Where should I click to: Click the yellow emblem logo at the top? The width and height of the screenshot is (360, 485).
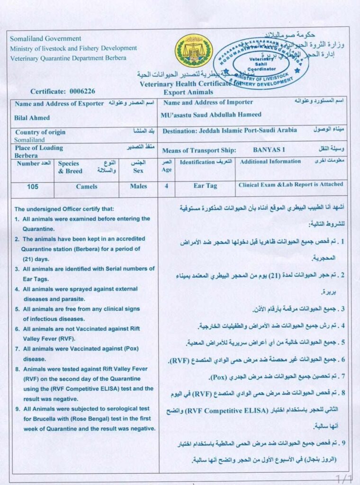point(194,51)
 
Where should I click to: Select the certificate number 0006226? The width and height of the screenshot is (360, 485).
point(82,91)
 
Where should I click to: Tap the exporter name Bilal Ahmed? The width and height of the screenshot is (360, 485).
point(32,117)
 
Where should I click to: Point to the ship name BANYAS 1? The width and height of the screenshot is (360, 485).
point(269,150)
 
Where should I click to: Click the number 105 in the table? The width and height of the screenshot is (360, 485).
point(33,187)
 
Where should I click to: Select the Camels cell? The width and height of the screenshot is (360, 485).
point(86,187)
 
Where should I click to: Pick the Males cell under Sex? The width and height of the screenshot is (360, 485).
point(138,187)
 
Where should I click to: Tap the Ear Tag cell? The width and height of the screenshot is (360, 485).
point(205,186)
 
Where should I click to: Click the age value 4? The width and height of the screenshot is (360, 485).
point(166,186)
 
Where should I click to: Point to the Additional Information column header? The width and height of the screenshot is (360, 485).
point(270,162)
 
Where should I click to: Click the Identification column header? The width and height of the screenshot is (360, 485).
point(198,162)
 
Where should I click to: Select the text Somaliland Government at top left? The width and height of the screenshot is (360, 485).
point(45,39)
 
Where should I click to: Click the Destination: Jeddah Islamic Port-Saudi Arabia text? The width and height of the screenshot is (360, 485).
point(230,130)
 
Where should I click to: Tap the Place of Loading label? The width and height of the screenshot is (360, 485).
point(39,148)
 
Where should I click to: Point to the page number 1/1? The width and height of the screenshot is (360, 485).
point(343,478)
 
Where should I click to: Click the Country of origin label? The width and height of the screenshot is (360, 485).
point(40,132)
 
